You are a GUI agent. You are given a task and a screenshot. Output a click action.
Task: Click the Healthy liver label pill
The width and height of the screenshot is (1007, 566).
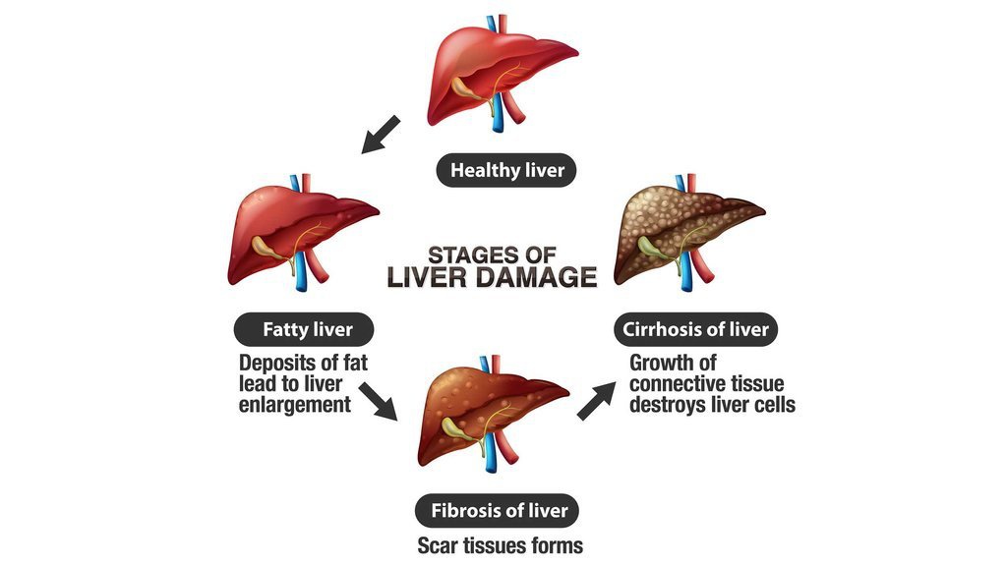506,170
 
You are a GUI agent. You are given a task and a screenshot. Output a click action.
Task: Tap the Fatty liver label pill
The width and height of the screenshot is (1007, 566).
304,330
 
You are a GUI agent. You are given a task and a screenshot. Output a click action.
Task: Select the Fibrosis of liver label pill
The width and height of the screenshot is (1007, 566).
497,511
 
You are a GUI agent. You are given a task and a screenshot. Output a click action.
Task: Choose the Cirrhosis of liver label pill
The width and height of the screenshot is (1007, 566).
696,330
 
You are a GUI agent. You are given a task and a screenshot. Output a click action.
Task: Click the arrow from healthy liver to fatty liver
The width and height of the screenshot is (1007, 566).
381,135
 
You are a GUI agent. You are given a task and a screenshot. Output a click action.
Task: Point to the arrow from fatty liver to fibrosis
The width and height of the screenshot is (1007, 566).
378,401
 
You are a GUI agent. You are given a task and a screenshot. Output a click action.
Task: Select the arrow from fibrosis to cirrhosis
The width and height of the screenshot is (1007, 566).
596,401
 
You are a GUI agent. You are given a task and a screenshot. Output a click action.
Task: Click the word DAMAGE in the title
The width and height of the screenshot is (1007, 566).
537,277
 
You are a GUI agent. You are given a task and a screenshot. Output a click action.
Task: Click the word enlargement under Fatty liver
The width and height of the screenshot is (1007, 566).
295,405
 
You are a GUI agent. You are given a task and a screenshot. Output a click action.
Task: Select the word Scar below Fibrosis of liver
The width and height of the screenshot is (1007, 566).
438,545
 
